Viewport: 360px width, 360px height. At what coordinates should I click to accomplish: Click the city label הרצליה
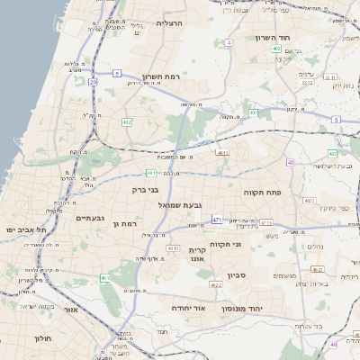(x=169, y=23)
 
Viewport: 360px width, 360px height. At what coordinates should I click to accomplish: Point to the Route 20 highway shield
(x=93, y=82)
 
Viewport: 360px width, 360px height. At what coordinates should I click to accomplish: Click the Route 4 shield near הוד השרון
(x=229, y=42)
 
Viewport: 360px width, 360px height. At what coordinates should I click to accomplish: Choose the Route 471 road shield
(x=217, y=220)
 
